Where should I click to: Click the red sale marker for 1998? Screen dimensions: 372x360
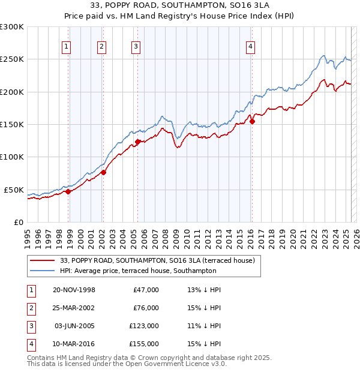pyautogui.click(x=68, y=191)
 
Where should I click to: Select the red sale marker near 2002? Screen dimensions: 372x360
pyautogui.click(x=103, y=172)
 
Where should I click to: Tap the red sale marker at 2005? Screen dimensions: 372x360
pyautogui.click(x=137, y=142)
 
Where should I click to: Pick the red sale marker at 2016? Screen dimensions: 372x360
pyautogui.click(x=252, y=121)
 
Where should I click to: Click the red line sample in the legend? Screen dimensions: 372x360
pyautogui.click(x=43, y=260)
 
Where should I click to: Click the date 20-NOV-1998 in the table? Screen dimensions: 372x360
pyautogui.click(x=74, y=290)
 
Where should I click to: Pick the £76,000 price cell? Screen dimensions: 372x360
pyautogui.click(x=146, y=308)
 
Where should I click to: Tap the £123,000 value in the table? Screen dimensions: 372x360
pyautogui.click(x=144, y=326)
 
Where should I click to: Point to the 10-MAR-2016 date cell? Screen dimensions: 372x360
pyautogui.click(x=74, y=344)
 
